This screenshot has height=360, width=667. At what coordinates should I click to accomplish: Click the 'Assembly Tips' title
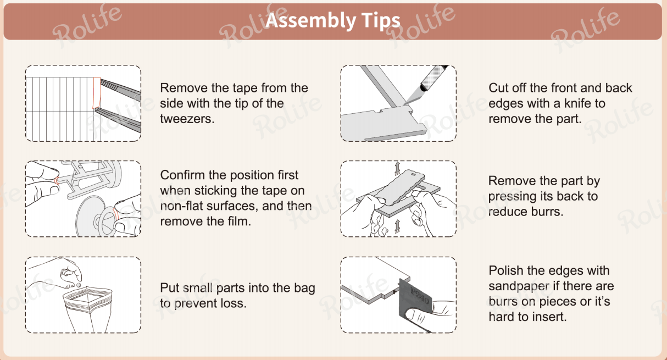coord(333,21)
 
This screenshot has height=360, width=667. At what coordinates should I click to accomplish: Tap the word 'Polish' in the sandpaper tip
coord(505,271)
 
